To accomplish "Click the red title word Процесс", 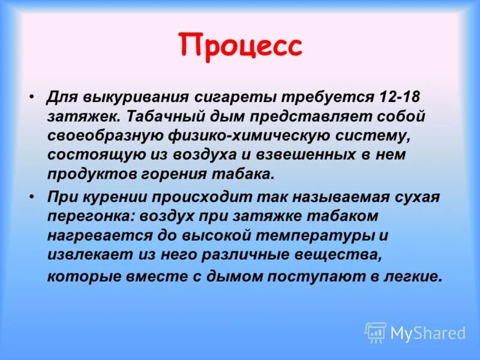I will [x=240, y=47].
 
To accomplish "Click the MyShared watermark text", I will [x=428, y=333].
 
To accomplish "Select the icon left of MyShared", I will [x=376, y=332].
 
